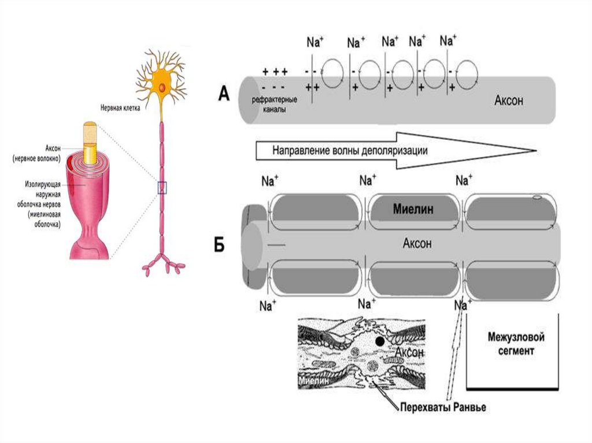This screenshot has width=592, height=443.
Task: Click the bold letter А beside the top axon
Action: tap(224, 94)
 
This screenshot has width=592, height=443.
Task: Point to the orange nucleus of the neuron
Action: tap(163, 87)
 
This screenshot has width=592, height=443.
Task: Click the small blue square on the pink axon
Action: tap(162, 187)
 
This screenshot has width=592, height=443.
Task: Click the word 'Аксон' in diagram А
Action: tap(509, 99)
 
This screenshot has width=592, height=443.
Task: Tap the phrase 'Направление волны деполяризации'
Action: tap(350, 151)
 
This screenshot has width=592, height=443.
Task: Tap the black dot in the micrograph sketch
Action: tap(379, 342)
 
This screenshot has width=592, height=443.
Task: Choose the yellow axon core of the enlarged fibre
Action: tap(91, 144)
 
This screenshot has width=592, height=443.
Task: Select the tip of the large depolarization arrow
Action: tap(533, 150)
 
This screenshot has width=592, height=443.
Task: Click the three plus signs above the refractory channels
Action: tap(275, 72)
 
